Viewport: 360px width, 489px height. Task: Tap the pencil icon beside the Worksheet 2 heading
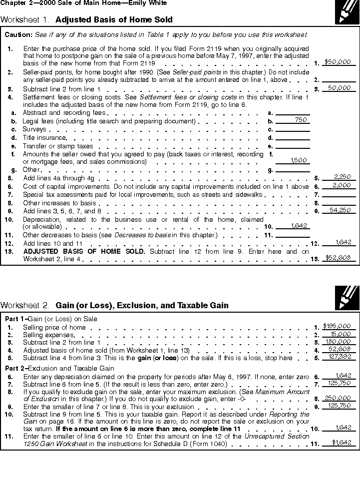[347, 298]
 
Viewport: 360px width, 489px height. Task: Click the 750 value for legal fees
[301, 120]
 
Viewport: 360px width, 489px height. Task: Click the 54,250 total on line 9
[342, 210]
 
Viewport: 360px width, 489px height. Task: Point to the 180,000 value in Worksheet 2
[341, 342]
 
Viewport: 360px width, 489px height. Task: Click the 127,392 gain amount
[342, 357]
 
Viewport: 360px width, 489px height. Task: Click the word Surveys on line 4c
[34, 129]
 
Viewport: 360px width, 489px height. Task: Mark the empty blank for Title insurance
[293, 138]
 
